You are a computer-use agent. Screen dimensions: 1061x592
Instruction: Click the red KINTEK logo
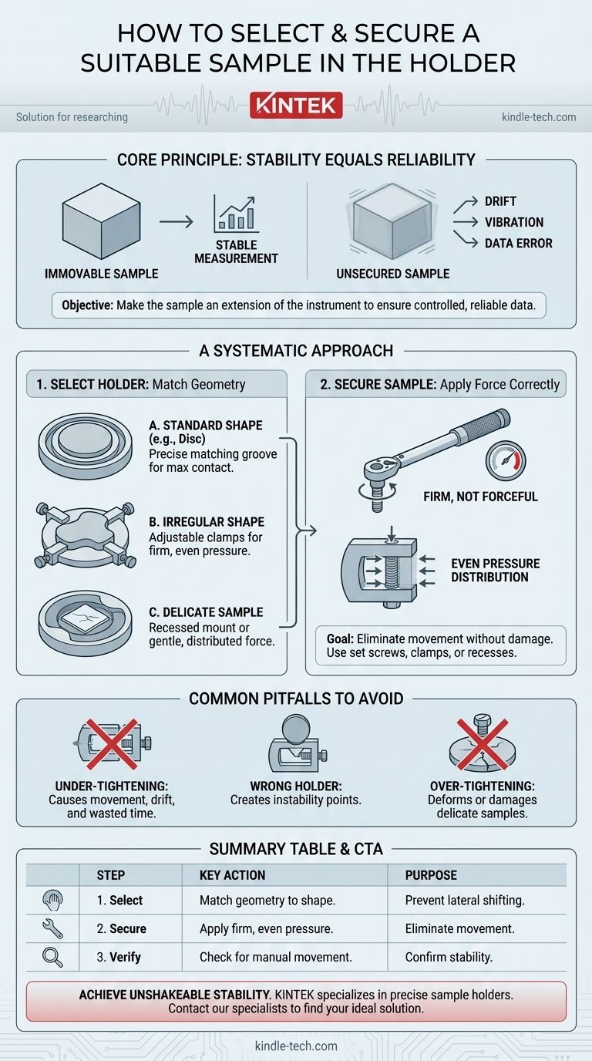pyautogui.click(x=295, y=104)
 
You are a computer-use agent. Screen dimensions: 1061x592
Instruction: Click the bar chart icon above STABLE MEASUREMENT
pyautogui.click(x=235, y=214)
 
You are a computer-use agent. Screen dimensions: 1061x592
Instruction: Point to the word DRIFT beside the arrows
pyautogui.click(x=500, y=201)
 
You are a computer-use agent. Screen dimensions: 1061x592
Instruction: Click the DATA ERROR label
pyautogui.click(x=518, y=243)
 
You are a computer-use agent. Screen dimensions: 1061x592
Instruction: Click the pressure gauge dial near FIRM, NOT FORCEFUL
pyautogui.click(x=506, y=460)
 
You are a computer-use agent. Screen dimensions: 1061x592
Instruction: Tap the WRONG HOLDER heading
pyautogui.click(x=296, y=786)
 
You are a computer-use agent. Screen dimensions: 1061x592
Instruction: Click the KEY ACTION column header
pyautogui.click(x=232, y=875)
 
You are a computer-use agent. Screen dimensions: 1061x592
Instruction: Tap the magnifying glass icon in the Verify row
pyautogui.click(x=53, y=957)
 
